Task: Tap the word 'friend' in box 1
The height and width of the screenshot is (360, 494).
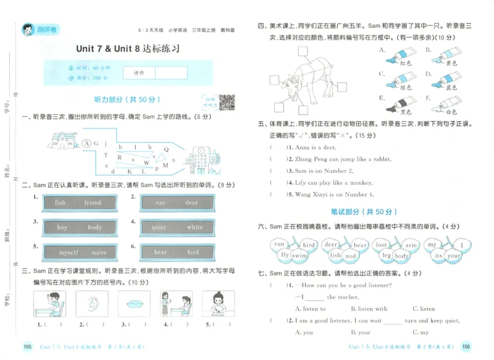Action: [x=93, y=203]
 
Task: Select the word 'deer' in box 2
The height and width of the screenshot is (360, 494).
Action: [x=192, y=203]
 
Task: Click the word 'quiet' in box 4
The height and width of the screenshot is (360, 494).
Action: [x=159, y=227]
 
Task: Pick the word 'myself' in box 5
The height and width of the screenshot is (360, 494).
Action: [x=69, y=253]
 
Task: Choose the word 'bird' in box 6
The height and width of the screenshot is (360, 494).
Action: [x=193, y=253]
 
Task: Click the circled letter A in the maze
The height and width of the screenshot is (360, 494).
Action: [x=86, y=143]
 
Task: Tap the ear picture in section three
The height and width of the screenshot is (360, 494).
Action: [x=92, y=304]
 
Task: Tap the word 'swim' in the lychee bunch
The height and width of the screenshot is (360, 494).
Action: [x=299, y=256]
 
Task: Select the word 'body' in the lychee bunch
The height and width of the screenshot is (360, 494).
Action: [x=402, y=256]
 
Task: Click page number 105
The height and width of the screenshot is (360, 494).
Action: [x=27, y=347]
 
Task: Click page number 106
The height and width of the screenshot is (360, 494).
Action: [x=467, y=347]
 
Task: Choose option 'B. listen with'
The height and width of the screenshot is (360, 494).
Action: [x=369, y=309]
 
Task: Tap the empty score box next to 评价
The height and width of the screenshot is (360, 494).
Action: [x=171, y=73]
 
